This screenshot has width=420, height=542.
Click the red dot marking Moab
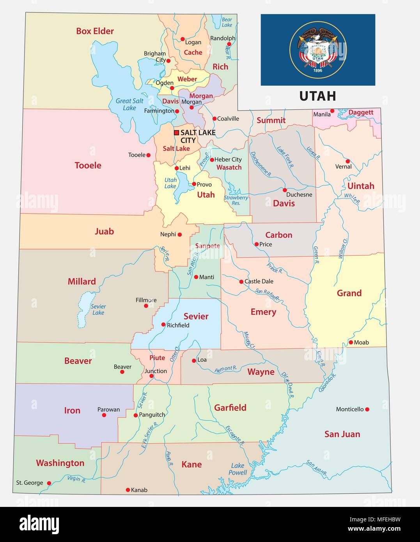(351, 342)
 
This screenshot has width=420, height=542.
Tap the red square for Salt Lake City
(176, 133)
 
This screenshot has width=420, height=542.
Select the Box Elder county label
(95, 31)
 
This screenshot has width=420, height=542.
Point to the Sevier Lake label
(98, 310)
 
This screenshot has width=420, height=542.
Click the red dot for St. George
(49, 483)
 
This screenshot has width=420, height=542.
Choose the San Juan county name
(342, 434)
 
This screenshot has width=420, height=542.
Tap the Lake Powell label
(238, 469)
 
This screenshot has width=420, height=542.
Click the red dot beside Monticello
(367, 409)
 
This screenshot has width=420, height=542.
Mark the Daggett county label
(361, 112)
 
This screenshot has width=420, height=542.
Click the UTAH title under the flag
(317, 96)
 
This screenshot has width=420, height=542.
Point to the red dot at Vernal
(347, 161)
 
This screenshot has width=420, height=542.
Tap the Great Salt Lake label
(129, 104)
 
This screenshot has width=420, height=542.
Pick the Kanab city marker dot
(128, 490)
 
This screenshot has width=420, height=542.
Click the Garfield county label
(230, 407)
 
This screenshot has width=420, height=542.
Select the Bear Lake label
(227, 22)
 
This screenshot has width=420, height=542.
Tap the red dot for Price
(256, 244)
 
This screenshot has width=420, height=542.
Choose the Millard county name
(82, 282)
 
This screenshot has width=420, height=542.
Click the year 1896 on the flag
(317, 71)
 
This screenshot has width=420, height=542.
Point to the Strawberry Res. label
(236, 200)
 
